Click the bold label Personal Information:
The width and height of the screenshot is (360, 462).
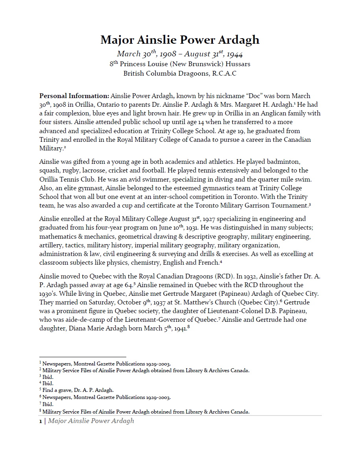pyautogui.click(x=74, y=96)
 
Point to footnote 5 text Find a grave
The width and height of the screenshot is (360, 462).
pyautogui.click(x=56, y=390)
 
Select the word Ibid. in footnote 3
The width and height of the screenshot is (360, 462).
pyautogui.click(x=48, y=377)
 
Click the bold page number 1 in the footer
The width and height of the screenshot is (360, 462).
pyautogui.click(x=40, y=421)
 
